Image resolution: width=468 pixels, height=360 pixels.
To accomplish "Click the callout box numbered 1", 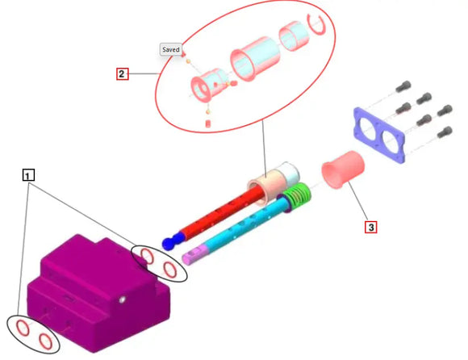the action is (28, 175).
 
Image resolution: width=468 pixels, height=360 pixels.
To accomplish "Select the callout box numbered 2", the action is (122, 73).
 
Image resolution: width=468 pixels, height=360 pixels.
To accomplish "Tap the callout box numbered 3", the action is (370, 227).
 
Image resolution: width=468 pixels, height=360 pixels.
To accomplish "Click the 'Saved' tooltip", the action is (171, 49).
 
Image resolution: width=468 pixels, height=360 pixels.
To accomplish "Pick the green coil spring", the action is (297, 195).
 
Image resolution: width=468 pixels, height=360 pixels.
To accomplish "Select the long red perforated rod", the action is (221, 212).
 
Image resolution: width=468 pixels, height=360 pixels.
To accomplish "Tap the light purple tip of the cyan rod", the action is (194, 254).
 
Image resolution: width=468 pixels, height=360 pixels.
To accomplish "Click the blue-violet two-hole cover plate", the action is (379, 135).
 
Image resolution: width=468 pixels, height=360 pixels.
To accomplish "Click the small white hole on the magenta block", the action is (122, 299).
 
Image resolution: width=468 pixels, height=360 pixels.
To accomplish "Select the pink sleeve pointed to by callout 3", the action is (343, 170).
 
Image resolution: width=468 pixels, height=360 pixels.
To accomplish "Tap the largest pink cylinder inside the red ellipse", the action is (255, 59).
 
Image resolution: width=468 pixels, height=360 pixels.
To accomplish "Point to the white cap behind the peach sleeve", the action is (289, 172).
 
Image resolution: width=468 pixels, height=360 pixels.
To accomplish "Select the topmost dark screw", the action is (403, 86).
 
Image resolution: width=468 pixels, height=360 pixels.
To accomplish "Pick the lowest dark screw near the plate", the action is (445, 132).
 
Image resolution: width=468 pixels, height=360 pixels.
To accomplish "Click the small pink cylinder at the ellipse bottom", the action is (208, 123).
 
